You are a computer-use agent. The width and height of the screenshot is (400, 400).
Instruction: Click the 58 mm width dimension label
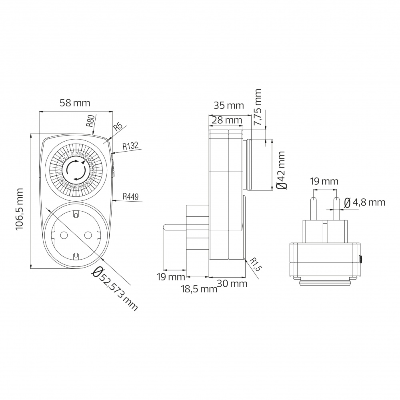pos(75,103)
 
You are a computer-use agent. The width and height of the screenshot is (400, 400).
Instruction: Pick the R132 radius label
pos(130,146)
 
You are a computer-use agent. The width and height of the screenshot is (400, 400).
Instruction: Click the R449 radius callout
pos(130,196)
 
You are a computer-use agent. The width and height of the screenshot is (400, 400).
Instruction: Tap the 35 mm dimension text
pos(228,106)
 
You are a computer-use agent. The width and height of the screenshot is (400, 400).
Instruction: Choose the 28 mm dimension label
pos(227,120)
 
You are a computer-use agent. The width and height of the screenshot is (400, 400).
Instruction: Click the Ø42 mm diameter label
pos(282,170)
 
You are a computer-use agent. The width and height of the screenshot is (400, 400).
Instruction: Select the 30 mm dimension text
pos(232,283)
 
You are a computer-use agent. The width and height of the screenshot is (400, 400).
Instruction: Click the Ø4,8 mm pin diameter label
pos(364,202)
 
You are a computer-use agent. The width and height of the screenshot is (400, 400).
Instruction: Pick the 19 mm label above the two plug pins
pos(324,181)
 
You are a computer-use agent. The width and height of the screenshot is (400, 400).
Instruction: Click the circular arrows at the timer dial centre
pos(75,172)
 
